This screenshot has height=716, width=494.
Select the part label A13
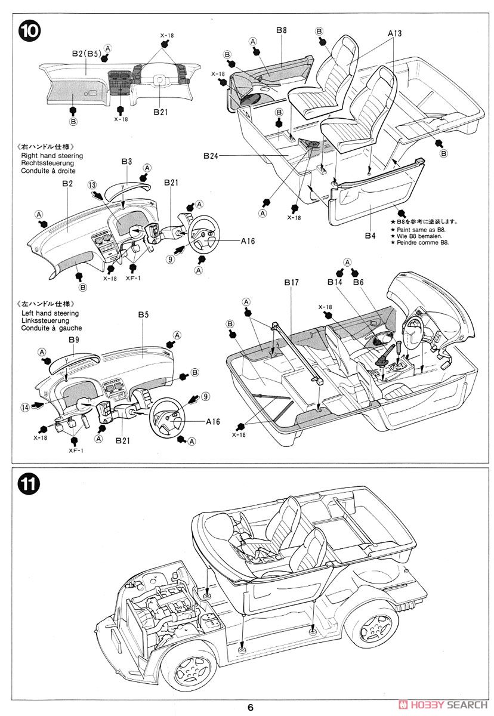(x=394, y=34)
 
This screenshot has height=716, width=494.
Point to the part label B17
(x=291, y=282)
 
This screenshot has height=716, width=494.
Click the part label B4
(x=370, y=236)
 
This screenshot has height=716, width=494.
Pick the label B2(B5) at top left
(x=85, y=54)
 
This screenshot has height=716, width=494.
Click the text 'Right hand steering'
(x=52, y=156)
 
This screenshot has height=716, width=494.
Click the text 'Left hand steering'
(x=50, y=313)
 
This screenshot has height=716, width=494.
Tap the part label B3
(x=126, y=161)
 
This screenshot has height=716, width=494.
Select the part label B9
(x=73, y=340)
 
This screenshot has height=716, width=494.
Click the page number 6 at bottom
(x=251, y=707)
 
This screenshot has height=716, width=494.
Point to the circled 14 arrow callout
(x=24, y=407)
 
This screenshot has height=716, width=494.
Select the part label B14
(x=335, y=282)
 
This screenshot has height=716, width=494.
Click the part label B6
(x=358, y=282)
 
